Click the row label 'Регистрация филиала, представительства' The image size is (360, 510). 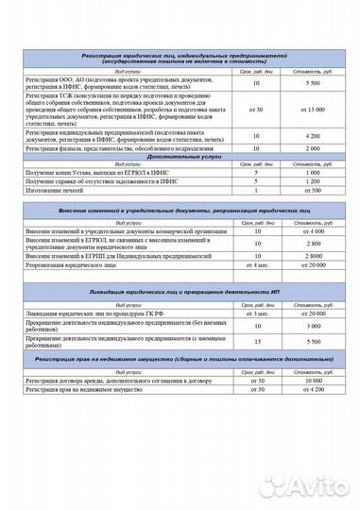[x=112, y=149]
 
